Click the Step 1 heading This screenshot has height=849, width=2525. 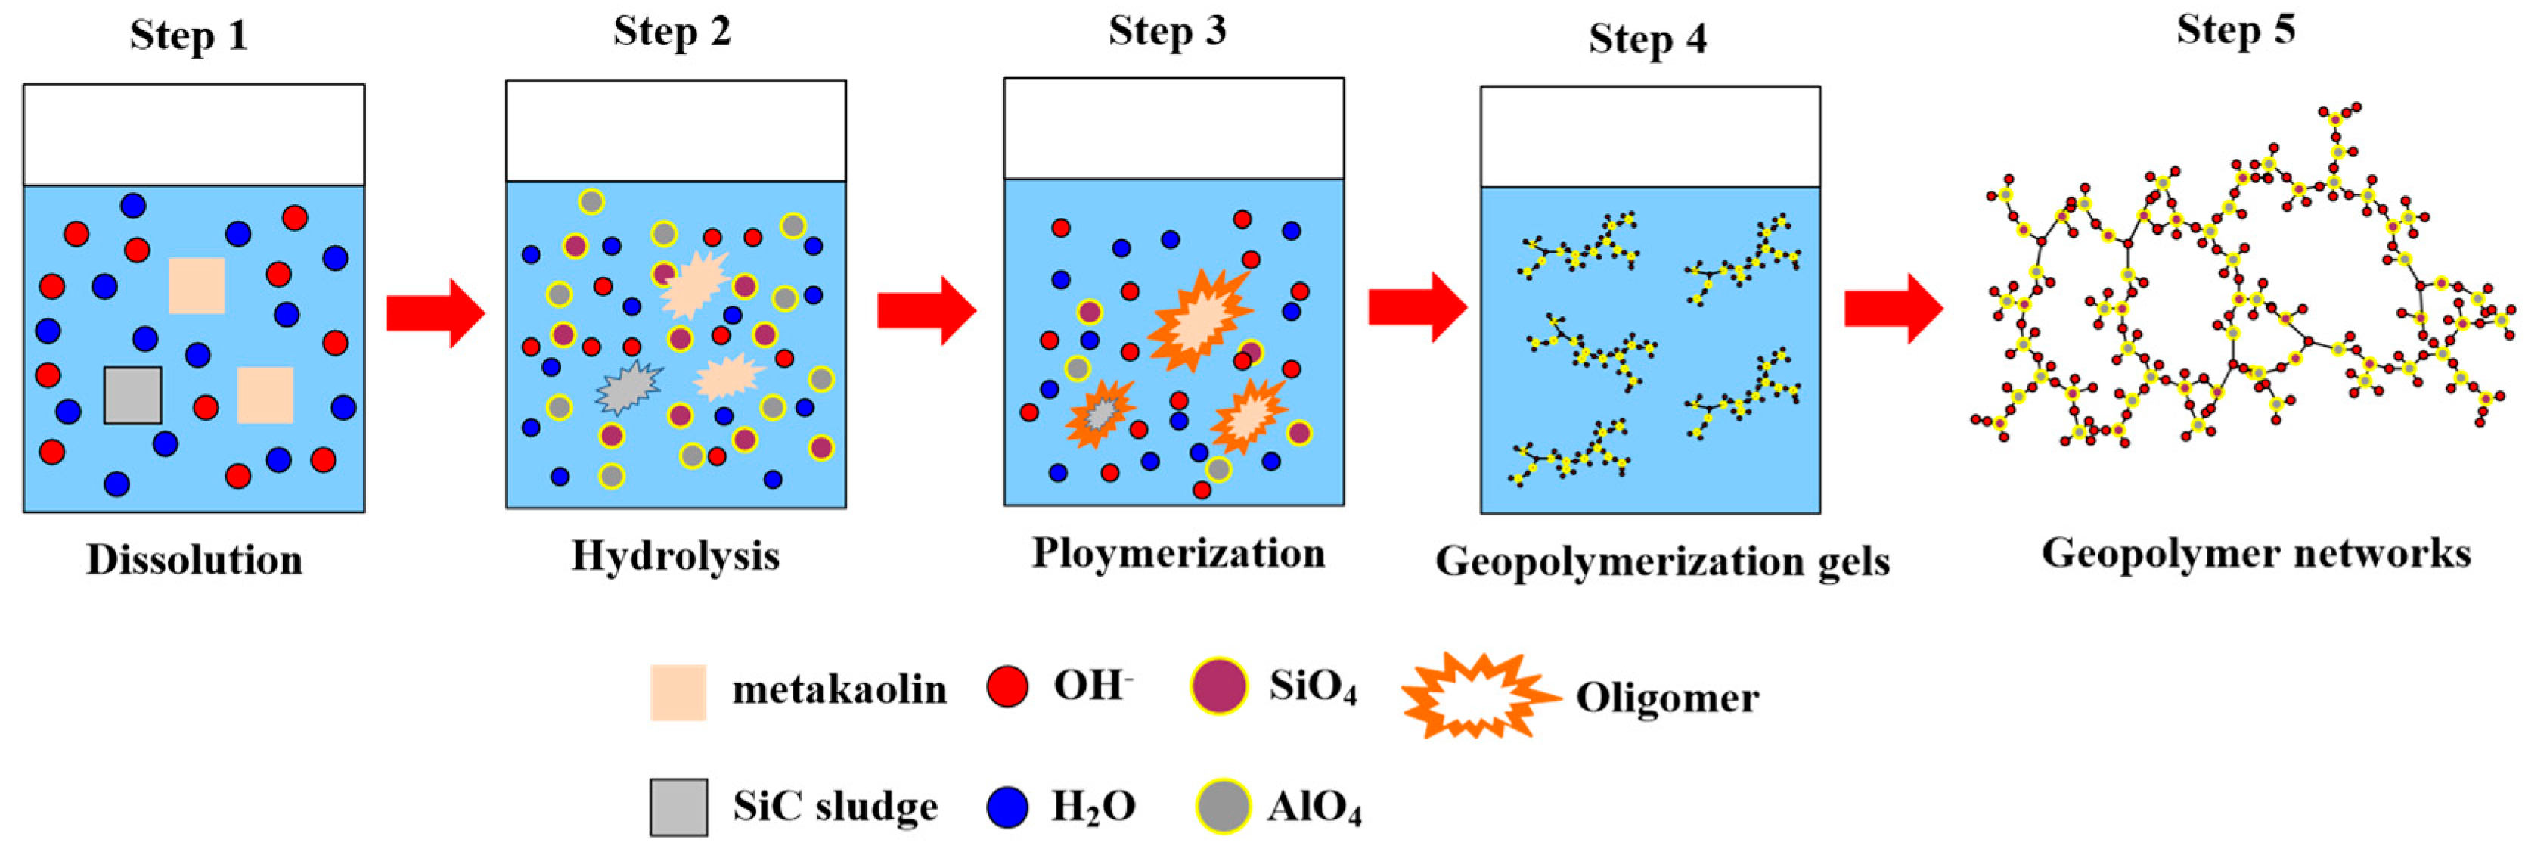[x=188, y=36]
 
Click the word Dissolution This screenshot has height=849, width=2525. [x=194, y=560]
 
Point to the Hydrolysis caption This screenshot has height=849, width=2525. [x=675, y=556]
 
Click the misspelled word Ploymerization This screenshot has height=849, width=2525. [x=1178, y=554]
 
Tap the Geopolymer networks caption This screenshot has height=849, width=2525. [x=2256, y=554]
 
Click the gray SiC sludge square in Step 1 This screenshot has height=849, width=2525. [x=133, y=395]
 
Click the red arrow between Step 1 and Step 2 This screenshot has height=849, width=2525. [x=436, y=313]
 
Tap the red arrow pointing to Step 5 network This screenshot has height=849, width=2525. [x=1893, y=309]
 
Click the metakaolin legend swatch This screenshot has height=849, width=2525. [x=678, y=692]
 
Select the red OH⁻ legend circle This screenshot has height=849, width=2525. [x=1007, y=686]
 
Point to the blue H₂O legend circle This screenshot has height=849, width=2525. [x=1007, y=807]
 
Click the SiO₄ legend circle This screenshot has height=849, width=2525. [x=1219, y=686]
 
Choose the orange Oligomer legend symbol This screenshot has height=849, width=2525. [x=1478, y=695]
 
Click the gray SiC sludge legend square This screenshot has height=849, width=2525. [x=678, y=807]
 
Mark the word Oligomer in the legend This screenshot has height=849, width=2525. [x=1667, y=698]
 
